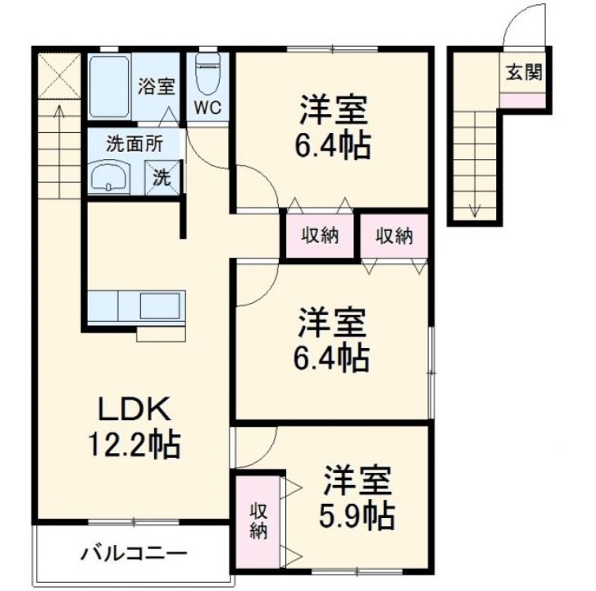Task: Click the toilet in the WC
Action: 209,76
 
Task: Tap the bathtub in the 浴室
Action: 111,88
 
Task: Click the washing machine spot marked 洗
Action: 162,176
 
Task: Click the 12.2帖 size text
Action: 134,446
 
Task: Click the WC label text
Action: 209,107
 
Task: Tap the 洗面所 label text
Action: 134,141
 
